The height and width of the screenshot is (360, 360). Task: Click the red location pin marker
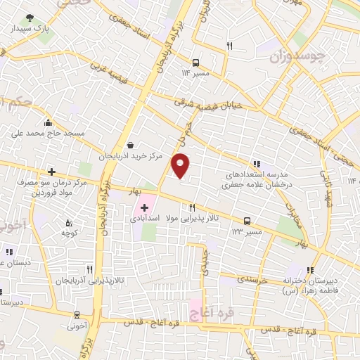coord(181,165)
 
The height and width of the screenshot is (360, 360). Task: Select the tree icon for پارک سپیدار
coord(30,18)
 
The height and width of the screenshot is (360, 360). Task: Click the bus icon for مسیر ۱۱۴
coord(195,62)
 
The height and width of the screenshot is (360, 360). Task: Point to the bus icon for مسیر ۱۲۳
coord(247,220)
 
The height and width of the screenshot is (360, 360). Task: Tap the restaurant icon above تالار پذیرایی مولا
coord(192,207)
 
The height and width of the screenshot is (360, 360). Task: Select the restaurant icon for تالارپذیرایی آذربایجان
coord(89,269)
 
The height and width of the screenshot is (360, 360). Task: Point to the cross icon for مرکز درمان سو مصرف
coord(51,171)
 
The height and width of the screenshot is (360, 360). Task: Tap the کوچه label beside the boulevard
coord(68,233)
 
